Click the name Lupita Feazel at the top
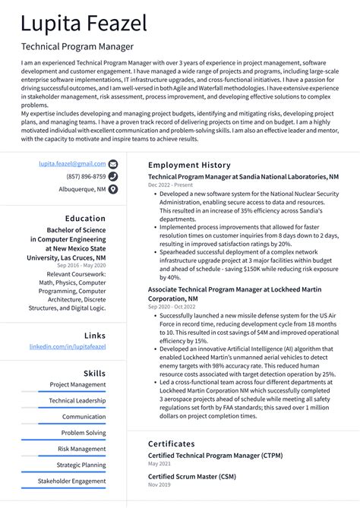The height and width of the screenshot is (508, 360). click(84, 24)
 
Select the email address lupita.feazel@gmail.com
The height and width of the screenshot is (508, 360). click(73, 163)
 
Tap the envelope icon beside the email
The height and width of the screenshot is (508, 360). click(113, 163)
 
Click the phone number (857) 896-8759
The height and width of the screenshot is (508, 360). click(86, 176)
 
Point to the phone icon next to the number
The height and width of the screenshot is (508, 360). click(113, 176)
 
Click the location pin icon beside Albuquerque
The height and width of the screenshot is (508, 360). click(113, 189)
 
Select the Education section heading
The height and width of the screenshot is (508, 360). click(85, 219)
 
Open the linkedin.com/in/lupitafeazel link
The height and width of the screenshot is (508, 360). click(68, 346)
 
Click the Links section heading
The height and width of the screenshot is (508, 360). click(95, 335)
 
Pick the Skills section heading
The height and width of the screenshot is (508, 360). click(94, 374)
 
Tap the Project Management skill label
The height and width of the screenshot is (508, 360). click(77, 385)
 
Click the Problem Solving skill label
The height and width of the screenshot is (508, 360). click(84, 433)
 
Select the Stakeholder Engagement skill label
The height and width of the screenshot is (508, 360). click(71, 481)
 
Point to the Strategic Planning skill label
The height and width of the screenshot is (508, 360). click(81, 465)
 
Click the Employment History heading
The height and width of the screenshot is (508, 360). click(189, 165)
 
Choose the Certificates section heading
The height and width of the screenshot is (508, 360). click(172, 443)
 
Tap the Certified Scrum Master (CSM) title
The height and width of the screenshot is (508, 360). click(191, 476)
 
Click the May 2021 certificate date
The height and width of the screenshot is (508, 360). click(160, 463)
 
